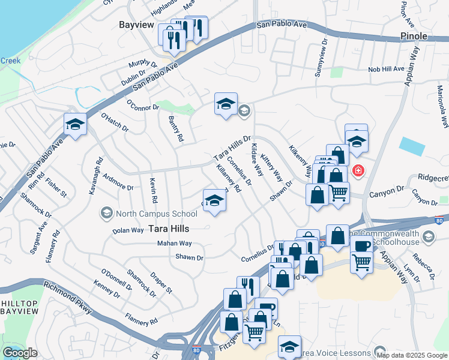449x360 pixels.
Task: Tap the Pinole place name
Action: (414, 36)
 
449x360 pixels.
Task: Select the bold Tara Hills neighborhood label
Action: (169, 229)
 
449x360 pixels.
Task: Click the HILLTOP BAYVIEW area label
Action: (19, 307)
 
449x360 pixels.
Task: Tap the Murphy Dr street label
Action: (142, 62)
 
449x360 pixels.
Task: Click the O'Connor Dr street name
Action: (142, 106)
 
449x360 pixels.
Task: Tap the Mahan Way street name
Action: (174, 244)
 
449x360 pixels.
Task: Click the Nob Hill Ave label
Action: (387, 70)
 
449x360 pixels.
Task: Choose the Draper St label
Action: (162, 281)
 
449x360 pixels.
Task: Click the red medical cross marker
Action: (358, 171)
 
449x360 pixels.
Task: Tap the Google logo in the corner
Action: (20, 353)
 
